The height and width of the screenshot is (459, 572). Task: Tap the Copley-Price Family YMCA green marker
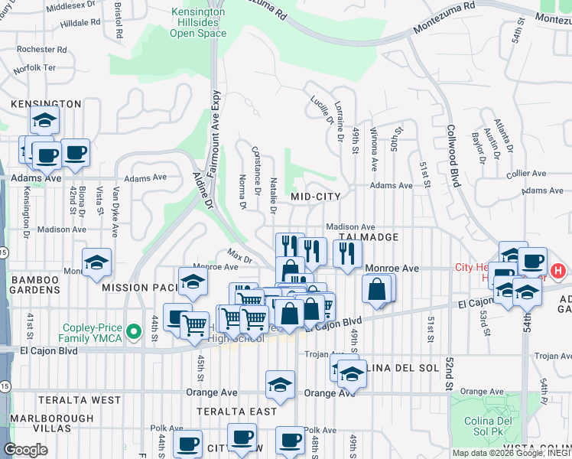pos(135,331)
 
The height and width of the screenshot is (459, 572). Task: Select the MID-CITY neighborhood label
pos(316,197)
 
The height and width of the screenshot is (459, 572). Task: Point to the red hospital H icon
pos(559,270)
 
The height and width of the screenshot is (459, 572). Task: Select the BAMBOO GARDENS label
pos(35,285)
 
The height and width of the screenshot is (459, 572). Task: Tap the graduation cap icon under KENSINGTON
pos(45,120)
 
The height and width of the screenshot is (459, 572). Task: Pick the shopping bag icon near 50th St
pos(376,290)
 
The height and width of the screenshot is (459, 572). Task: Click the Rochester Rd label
pos(43,49)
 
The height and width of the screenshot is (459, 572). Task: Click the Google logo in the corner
pos(26,450)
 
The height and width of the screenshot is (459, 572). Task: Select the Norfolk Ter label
pos(34,68)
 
